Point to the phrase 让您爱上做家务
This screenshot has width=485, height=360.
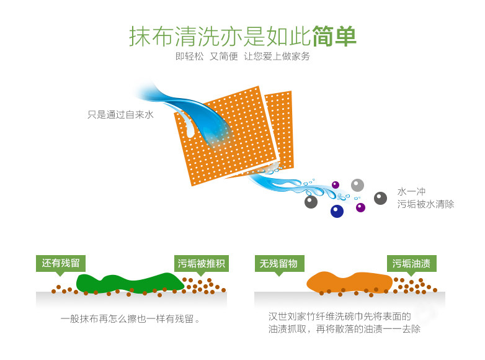coord(277,56)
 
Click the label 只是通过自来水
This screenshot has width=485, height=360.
coord(120,115)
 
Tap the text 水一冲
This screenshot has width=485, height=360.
coord(411,192)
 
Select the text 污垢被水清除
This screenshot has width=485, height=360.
coord(425,204)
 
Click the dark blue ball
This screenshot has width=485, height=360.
coord(337,211)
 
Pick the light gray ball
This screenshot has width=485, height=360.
coord(357,185)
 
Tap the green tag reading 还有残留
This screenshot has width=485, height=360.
coord(60,263)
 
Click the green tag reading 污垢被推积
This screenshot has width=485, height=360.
coord(201,263)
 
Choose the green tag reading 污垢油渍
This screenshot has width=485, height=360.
coord(411,263)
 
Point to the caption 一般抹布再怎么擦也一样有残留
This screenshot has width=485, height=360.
coord(130,320)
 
